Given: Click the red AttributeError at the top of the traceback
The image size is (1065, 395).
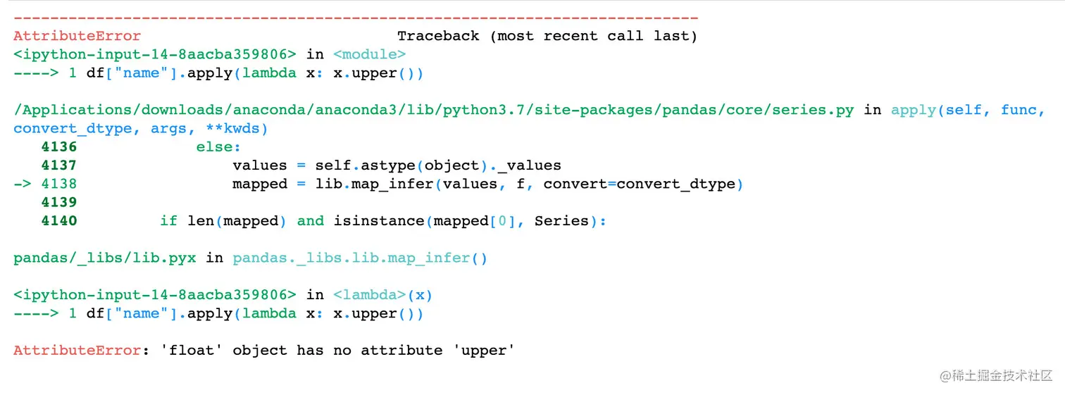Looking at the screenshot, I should pos(77,36).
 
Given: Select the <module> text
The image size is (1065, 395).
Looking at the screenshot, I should pos(369,54).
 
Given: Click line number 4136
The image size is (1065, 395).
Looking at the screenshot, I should pos(58,147).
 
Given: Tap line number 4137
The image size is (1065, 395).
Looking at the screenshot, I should pos(58,165).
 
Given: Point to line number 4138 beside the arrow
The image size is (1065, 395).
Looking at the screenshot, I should pos(58,184).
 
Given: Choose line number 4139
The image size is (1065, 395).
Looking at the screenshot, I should pos(58,203).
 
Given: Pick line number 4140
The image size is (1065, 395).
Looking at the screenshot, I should pos(58,221).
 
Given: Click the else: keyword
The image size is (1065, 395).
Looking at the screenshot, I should pos(218,147).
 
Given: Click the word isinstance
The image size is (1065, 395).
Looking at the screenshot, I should pos(379,221).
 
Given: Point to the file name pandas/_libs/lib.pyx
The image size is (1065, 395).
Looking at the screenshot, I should pos(105,258).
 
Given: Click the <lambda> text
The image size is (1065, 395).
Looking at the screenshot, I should pos(369,295).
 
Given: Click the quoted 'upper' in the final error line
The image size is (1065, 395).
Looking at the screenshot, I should pos(484,351).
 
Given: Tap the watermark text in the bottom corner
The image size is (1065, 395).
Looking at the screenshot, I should pos(996,375).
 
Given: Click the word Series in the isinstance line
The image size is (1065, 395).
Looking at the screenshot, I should pos(561,221).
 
